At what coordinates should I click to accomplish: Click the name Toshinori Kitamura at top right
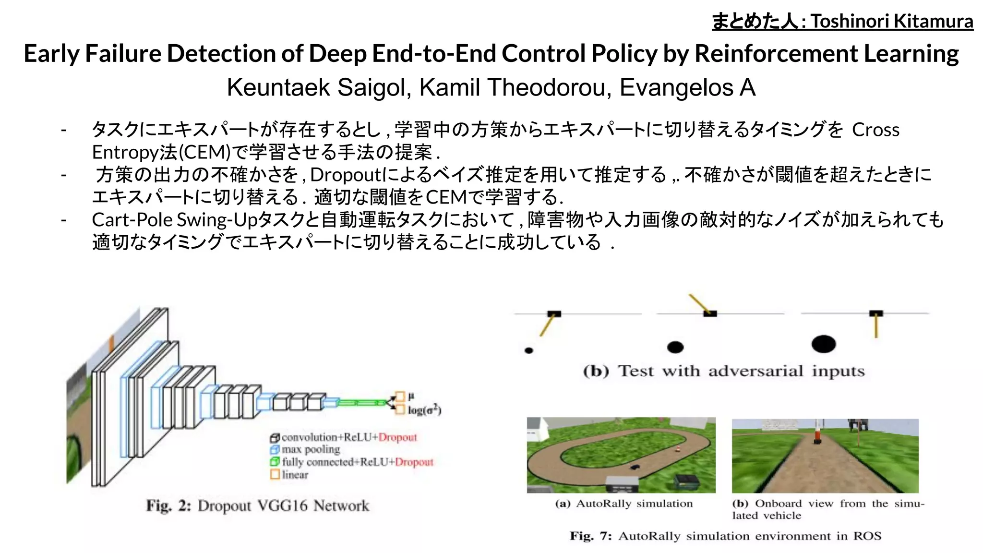point(892,22)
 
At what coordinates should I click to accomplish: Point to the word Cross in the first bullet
point(875,130)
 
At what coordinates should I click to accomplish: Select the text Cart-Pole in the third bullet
point(132,220)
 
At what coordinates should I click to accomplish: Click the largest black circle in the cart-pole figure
point(823,344)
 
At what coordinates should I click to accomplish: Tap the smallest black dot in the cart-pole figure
point(529,350)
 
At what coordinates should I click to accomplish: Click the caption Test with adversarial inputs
point(724,371)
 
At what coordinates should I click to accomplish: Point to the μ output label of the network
point(411,396)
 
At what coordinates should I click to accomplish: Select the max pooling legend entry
point(310,449)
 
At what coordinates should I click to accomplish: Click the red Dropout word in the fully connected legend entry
point(414,462)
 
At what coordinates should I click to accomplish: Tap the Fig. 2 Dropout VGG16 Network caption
point(258,505)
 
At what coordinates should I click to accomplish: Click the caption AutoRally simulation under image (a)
point(624,504)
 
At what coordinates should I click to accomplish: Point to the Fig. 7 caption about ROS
point(725,536)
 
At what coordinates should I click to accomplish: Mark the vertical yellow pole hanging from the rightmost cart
point(876,326)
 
